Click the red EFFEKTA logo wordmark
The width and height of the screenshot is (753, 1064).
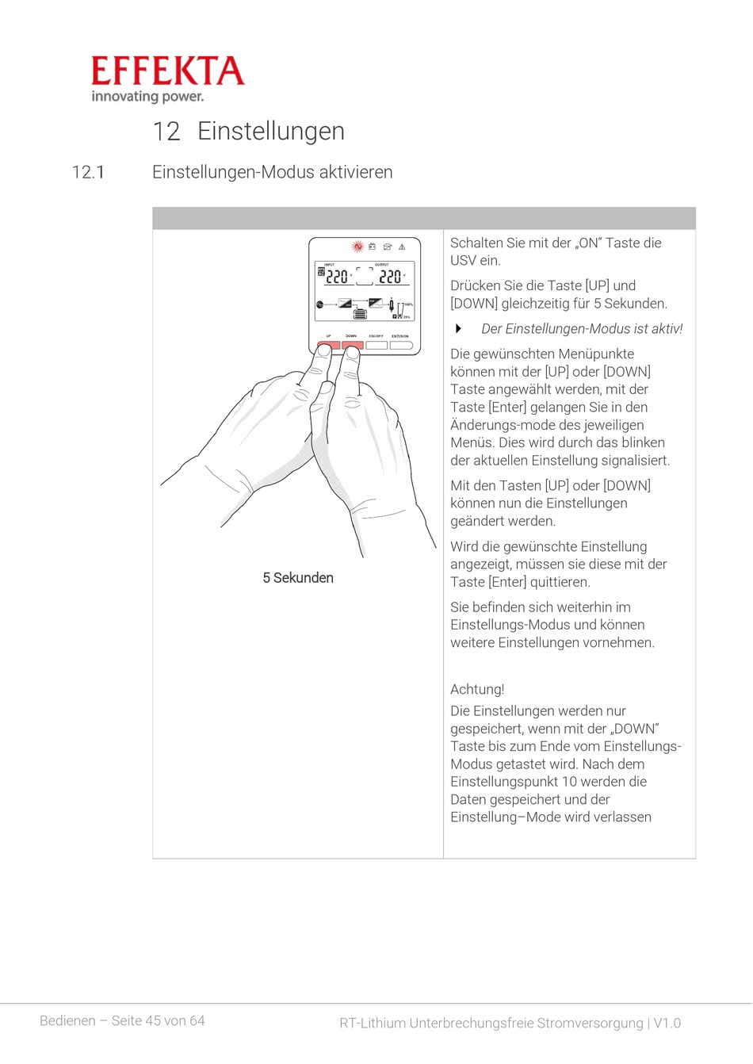(x=168, y=71)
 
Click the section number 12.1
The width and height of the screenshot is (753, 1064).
(x=88, y=172)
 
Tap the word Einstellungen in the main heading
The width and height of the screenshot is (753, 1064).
(x=270, y=131)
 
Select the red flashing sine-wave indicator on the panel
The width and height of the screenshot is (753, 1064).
(x=357, y=247)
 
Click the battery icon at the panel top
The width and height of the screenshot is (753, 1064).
(x=373, y=247)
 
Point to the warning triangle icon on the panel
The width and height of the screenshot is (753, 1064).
(x=402, y=247)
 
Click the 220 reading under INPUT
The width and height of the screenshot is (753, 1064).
(x=337, y=277)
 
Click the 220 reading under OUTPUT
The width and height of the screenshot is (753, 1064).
(x=390, y=277)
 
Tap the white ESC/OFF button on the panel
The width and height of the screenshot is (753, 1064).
(x=376, y=346)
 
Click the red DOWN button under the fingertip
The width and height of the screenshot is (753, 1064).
(x=353, y=345)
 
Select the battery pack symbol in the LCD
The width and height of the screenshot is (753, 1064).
(x=361, y=313)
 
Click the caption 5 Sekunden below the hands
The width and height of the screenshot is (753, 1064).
(x=298, y=578)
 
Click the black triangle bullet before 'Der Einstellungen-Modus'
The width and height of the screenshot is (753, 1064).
(x=458, y=328)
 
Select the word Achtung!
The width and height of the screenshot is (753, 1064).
(x=476, y=689)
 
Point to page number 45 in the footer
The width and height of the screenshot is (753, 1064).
(x=153, y=1020)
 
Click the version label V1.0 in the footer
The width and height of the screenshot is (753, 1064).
(x=667, y=1023)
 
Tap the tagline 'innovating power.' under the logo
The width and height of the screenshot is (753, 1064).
(x=147, y=97)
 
